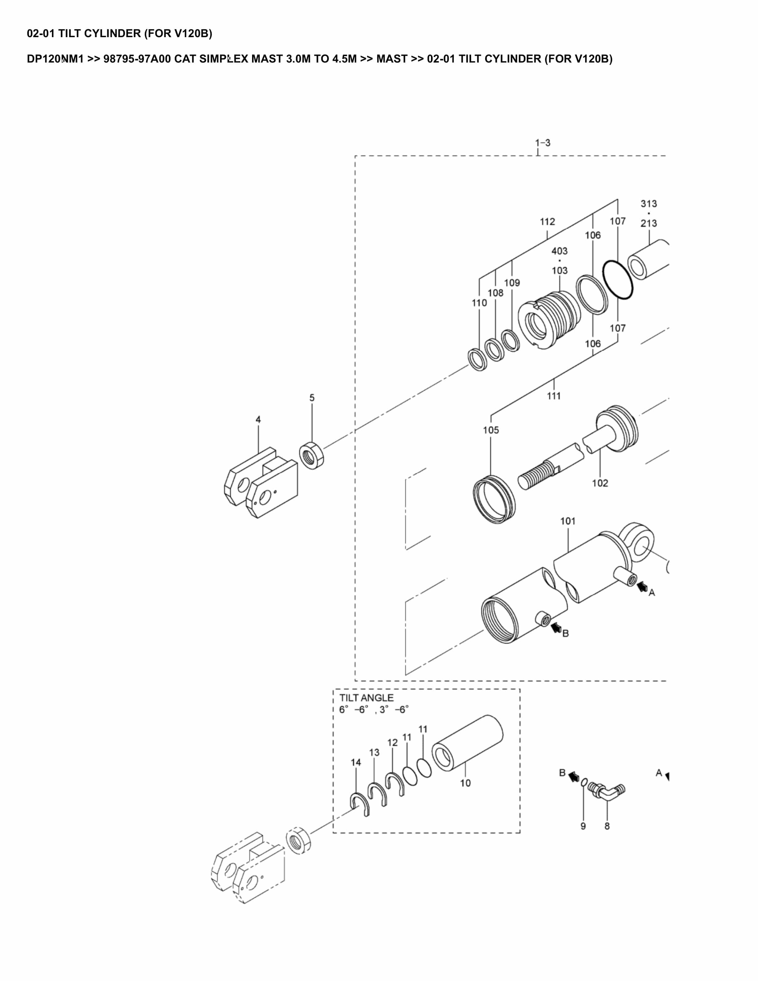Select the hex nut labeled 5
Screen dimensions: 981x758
[311, 456]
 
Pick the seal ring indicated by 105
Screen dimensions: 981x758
[494, 499]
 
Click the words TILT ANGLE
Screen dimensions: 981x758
[366, 698]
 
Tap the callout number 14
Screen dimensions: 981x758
[356, 762]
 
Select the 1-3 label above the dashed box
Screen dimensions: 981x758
[542, 143]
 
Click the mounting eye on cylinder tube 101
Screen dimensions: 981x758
[638, 543]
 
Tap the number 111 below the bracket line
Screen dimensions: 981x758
[554, 396]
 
